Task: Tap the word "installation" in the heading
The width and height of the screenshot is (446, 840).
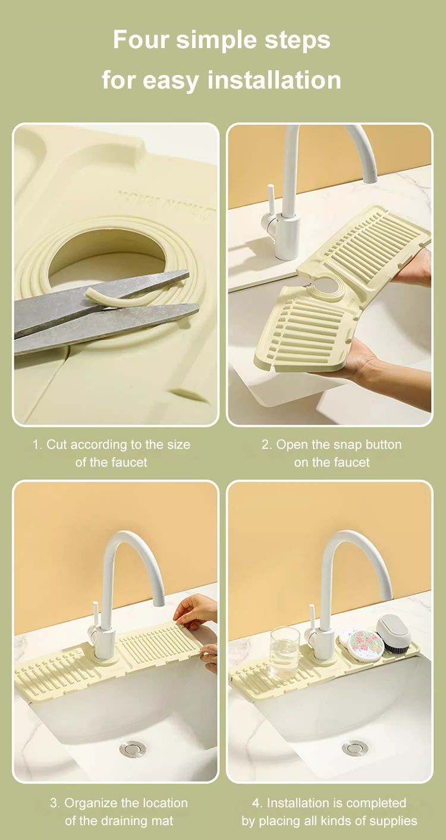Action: [x=274, y=80]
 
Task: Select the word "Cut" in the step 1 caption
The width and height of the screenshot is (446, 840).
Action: [x=56, y=445]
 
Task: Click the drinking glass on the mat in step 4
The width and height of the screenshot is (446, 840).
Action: [x=285, y=653]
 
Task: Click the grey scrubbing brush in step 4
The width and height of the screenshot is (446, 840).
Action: [x=394, y=634]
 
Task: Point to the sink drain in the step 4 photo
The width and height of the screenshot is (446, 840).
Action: [x=355, y=748]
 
